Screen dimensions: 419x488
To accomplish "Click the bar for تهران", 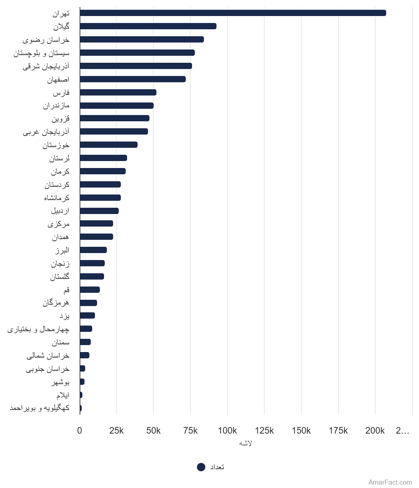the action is pos(233,13).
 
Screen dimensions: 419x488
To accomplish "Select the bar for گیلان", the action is pos(148,26).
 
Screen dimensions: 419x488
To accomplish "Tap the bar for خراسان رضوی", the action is pos(142,39).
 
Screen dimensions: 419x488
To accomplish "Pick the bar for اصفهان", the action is pos(133,79).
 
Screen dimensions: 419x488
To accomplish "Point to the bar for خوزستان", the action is pos(109,145).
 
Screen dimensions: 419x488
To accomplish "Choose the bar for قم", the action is pos(90,290).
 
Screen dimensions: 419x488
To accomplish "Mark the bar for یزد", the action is pos(87,315).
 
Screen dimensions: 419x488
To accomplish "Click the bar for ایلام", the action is pos(81,395).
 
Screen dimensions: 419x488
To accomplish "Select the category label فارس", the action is pos(61,93).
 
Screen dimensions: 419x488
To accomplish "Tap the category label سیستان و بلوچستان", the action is pos(42,53).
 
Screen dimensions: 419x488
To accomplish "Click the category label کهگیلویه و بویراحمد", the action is pos(39,408).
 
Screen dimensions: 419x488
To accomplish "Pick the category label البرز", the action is pos(62,250).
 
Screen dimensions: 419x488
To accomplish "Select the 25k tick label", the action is pos(116,430).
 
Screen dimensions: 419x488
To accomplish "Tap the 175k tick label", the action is pos(338,430).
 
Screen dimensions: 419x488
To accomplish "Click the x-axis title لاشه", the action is pos(245,443).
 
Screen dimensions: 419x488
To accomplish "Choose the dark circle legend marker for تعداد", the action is pos(201,467).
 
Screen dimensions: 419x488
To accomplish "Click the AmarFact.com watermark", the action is pos(390,482).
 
